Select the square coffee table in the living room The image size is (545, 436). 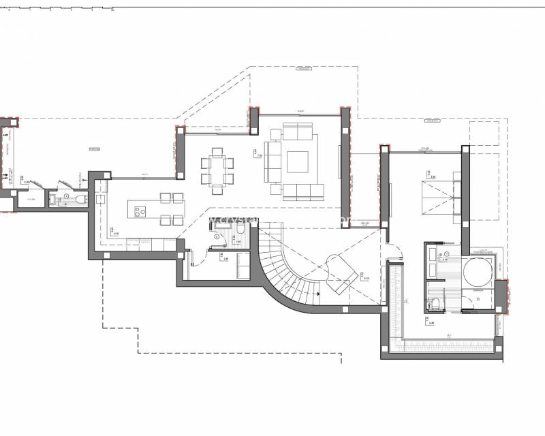coord(298,161)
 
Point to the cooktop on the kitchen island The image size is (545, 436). coord(141,211)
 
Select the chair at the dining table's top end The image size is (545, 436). coord(215,151)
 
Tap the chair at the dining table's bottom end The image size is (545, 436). coord(215,185)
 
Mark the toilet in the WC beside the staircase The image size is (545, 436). coord(239,237)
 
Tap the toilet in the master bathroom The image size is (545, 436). coord(434,304)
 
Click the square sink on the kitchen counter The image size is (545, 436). coord(101,199)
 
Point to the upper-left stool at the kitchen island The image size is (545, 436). coord(166,198)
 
